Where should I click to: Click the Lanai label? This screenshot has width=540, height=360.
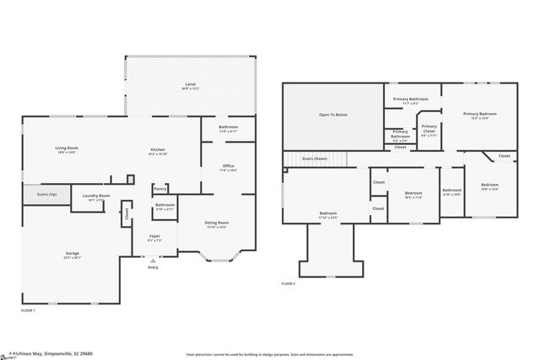(191, 85)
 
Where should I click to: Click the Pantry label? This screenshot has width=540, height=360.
(159, 189)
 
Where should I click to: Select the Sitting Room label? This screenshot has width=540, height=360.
(216, 224)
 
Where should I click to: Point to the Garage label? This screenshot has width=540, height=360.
(73, 255)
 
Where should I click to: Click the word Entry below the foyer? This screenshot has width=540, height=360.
(153, 268)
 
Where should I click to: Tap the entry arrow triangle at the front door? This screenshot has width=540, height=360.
(153, 261)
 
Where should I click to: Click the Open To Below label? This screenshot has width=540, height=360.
(332, 114)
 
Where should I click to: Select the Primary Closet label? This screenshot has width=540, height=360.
(429, 129)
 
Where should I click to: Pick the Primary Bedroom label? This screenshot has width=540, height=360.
(479, 115)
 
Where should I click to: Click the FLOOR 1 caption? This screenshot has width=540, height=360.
(28, 310)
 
